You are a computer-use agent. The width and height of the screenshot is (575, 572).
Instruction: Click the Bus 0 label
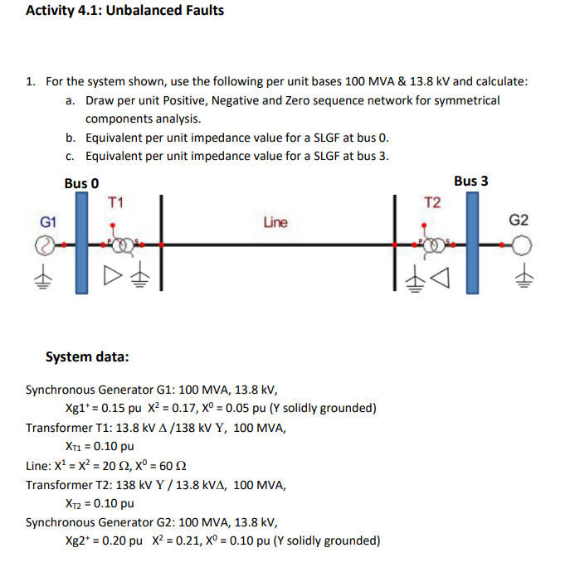click(82, 182)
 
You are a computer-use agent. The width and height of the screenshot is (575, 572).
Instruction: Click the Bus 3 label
click(470, 180)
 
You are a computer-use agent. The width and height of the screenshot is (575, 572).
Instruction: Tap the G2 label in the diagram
click(519, 221)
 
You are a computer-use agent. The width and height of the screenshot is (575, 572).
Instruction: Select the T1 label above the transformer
click(116, 201)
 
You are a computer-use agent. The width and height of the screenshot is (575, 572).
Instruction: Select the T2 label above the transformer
click(432, 201)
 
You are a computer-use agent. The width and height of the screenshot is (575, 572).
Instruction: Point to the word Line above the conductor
click(275, 222)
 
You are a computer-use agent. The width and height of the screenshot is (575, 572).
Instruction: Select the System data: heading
click(87, 356)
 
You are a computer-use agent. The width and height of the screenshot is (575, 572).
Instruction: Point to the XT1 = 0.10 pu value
click(100, 446)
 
